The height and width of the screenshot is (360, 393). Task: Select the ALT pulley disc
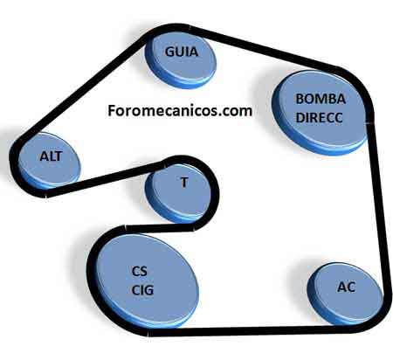[x=49, y=160]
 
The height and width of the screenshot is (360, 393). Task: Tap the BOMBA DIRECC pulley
[x=319, y=112]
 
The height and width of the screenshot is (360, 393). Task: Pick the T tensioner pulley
[x=178, y=193]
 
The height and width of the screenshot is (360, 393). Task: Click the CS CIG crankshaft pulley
[x=148, y=280]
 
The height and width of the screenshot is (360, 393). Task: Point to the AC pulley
[x=345, y=294]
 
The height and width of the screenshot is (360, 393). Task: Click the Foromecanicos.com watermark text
[x=180, y=111]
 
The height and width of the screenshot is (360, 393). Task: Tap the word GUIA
[x=182, y=52]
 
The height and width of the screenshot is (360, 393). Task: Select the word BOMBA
[x=321, y=99]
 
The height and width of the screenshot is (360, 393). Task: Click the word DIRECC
[x=319, y=118]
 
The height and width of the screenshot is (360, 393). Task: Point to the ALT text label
[x=51, y=156]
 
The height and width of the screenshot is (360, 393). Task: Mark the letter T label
[x=184, y=183]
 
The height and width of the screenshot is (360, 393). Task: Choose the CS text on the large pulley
[x=140, y=271]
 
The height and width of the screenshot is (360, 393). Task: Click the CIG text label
[x=142, y=290]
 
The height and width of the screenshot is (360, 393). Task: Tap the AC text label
[x=347, y=287]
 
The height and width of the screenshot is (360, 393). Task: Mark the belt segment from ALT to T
[x=105, y=179]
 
